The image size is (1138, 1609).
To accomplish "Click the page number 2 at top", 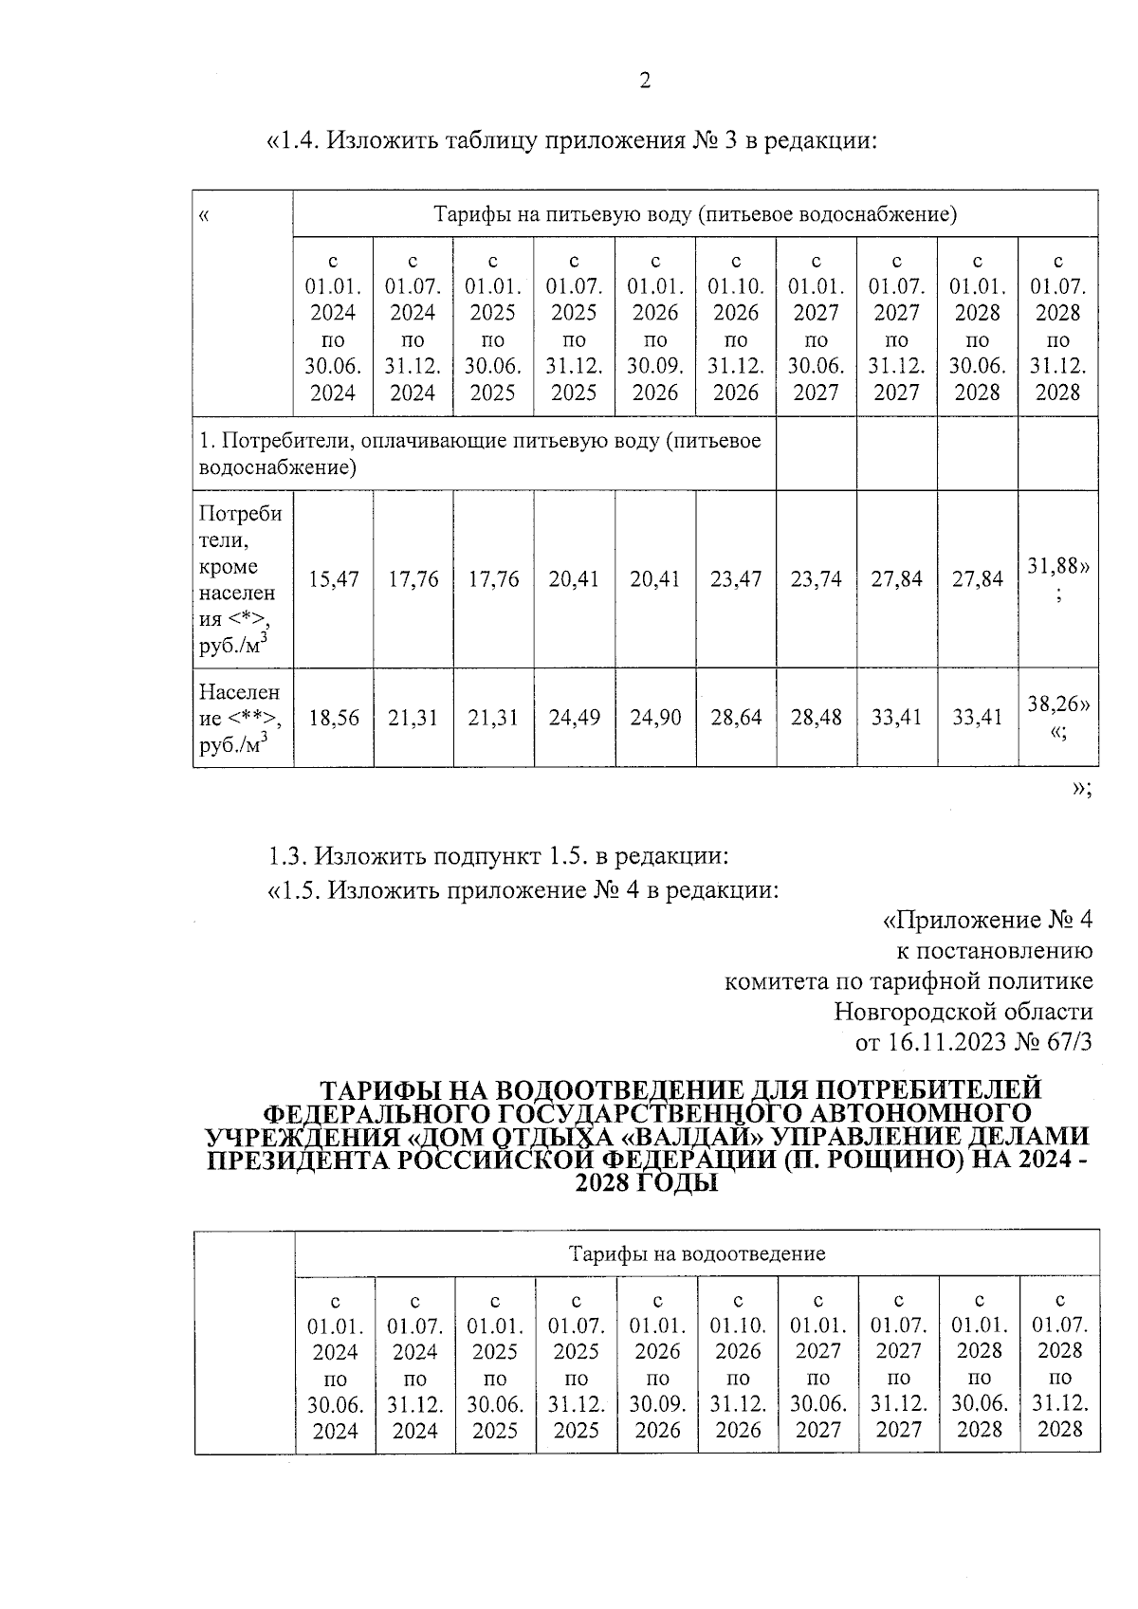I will [x=645, y=82].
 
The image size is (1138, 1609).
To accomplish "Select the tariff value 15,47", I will [x=333, y=578].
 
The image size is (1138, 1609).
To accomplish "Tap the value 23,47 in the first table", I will [x=735, y=578].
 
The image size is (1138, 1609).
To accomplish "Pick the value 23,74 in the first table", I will [x=816, y=578].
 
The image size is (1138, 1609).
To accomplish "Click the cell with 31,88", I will [x=1057, y=567].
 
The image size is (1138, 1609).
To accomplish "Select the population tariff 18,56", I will [x=333, y=718].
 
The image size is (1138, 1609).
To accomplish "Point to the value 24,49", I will [x=574, y=718].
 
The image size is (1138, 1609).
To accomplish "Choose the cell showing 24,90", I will [x=655, y=718].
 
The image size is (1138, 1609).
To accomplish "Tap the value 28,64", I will [x=735, y=718].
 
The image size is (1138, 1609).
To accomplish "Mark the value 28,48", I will [x=816, y=718].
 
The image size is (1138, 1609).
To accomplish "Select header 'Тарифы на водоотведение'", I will [x=696, y=1253].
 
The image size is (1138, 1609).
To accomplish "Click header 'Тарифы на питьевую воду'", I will [x=695, y=213].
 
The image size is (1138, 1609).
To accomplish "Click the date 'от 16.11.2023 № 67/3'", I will [x=974, y=1042].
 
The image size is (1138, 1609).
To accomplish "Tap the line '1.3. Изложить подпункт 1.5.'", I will [x=498, y=856].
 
